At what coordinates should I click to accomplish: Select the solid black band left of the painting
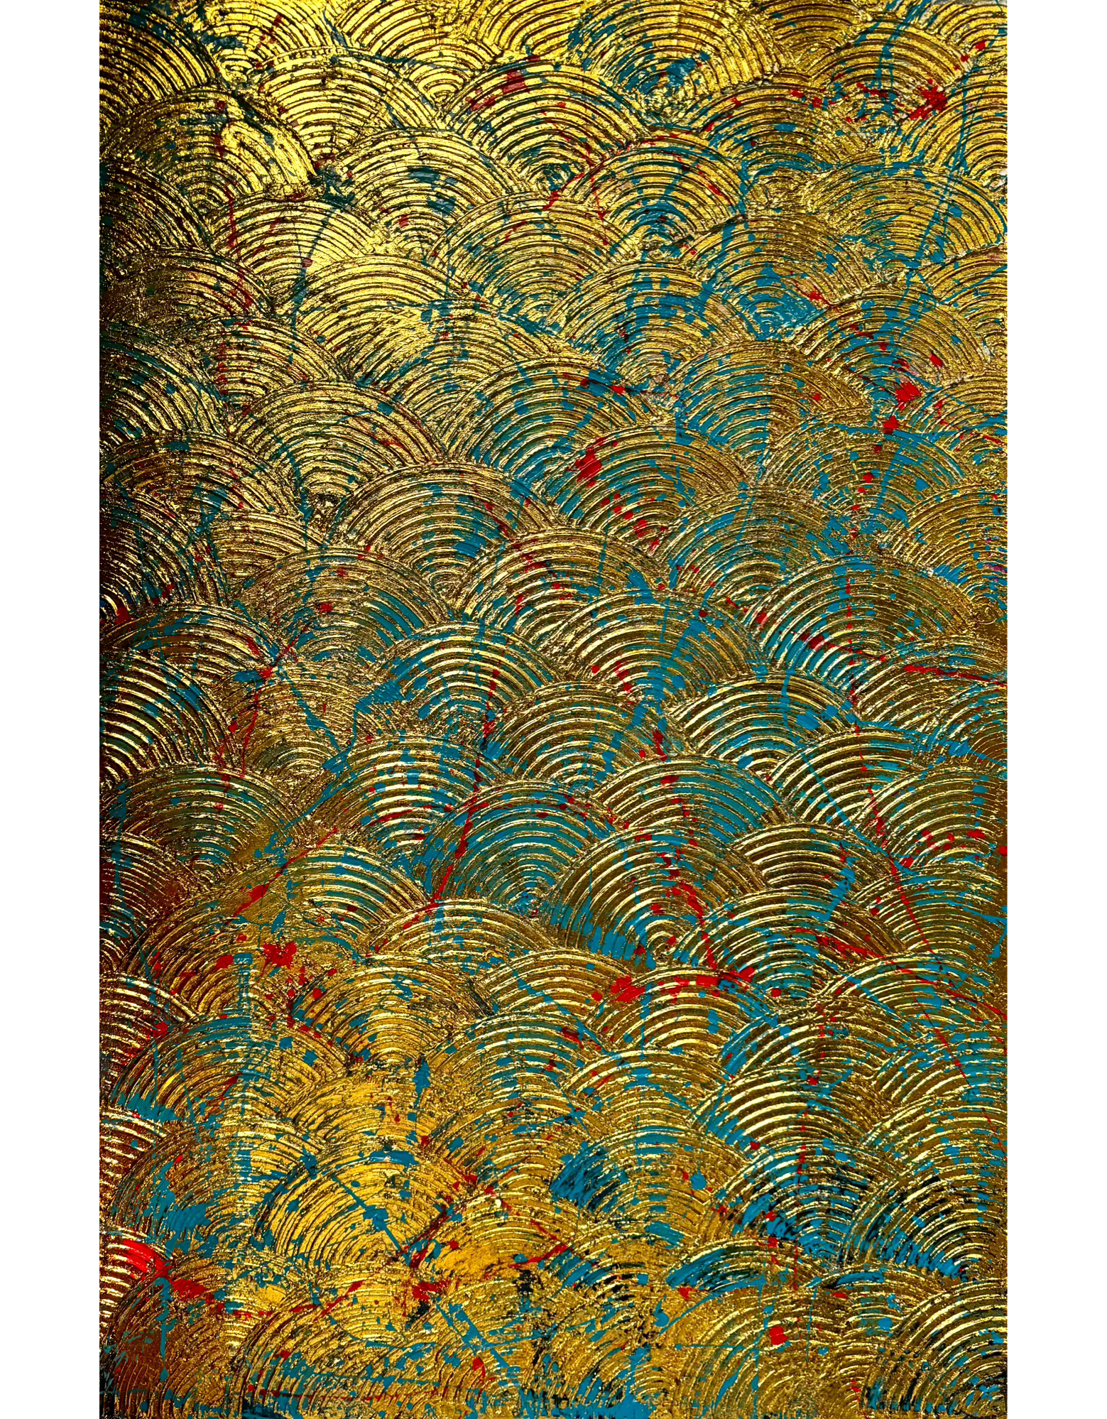tap(50, 710)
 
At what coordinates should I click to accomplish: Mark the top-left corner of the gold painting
tap(100, 1)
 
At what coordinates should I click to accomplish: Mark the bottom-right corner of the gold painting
tap(1005, 1418)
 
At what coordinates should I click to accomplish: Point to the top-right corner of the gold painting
tap(1005, 1)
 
